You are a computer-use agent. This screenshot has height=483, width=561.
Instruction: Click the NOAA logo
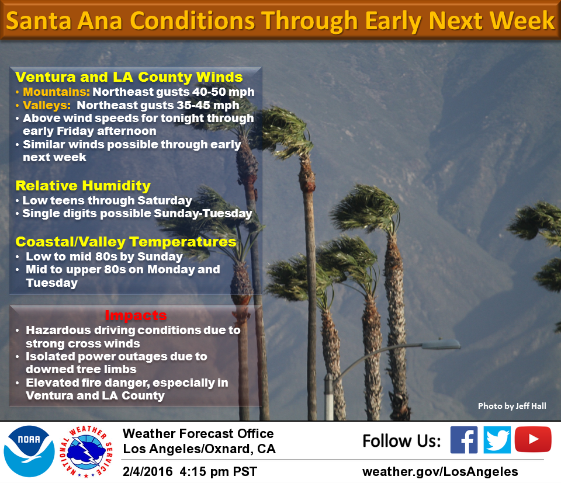(x=29, y=451)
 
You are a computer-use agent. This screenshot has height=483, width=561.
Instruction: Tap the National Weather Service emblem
(x=86, y=451)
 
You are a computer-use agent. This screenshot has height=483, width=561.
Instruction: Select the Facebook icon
(x=464, y=440)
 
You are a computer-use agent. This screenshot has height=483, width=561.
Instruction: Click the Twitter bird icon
(x=497, y=440)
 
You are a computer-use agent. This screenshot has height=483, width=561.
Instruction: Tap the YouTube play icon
(x=533, y=439)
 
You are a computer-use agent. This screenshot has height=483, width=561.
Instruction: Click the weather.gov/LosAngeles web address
(x=440, y=471)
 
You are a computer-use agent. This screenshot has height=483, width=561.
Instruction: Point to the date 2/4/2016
(x=147, y=471)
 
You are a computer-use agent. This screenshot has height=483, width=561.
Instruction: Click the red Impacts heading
(x=136, y=315)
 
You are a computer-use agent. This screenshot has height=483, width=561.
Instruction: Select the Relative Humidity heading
(x=83, y=186)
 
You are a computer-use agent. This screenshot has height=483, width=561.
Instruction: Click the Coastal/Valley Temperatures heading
(x=126, y=242)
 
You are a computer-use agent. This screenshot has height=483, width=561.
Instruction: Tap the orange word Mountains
(x=56, y=92)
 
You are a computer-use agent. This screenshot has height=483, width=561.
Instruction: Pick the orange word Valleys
(x=47, y=106)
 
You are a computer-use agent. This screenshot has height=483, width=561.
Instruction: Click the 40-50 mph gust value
(x=223, y=92)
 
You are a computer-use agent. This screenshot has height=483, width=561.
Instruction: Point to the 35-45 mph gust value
(x=208, y=106)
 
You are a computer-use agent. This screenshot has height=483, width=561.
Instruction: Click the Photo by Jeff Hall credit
(x=512, y=406)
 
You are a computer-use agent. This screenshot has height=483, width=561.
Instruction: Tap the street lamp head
(x=441, y=344)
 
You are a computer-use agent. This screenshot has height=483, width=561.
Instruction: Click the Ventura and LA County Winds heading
(x=129, y=77)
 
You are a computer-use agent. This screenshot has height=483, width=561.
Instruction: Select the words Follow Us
(x=401, y=441)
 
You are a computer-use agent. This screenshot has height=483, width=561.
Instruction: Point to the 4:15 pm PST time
(x=218, y=471)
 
